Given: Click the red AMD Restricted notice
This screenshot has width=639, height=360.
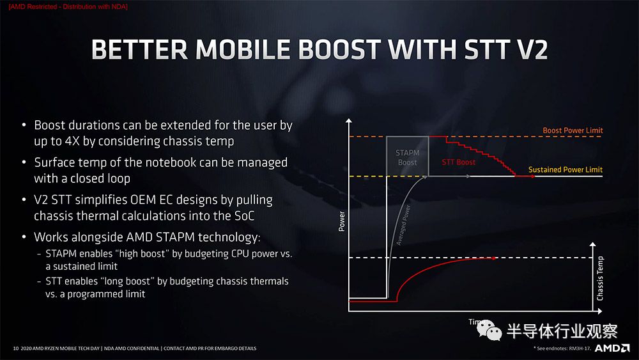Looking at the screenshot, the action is coord(68,6).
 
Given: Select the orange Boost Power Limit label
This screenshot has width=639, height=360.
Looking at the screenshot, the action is coord(573,130).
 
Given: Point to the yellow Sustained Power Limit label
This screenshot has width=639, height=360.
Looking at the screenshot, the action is coord(566,169).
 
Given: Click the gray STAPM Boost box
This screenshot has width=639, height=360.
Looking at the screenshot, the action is coord(407,156).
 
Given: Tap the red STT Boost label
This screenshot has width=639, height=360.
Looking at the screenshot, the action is coord(458,162).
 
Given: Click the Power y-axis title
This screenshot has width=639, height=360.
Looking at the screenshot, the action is coord(341,221).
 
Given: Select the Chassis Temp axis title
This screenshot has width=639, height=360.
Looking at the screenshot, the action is coord(599,278).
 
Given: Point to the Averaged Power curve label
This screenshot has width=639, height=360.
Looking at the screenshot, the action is coord(403,225).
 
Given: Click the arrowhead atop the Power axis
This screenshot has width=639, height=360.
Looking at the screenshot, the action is coord(348,121).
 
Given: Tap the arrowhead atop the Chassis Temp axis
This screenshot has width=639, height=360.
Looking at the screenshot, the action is coord(592,244).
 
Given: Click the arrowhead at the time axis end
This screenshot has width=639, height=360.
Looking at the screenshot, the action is coord(600,311).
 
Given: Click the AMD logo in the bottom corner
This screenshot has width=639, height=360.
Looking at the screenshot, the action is coord(612,348).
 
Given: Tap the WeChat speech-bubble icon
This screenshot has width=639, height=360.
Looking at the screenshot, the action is coord(489,330).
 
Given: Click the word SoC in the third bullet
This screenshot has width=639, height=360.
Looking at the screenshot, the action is coord(245,215).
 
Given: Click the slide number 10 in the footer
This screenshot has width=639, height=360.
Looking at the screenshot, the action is coord(16,348).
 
